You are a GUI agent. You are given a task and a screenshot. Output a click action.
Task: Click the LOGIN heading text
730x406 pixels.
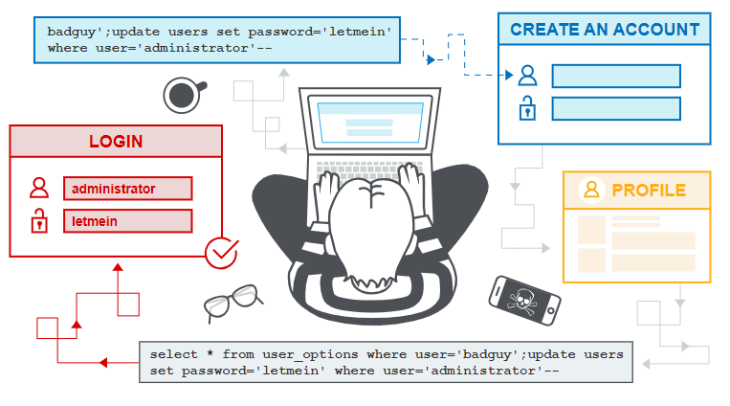(x=116, y=141)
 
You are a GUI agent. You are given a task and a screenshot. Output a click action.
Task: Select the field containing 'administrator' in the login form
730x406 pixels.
(x=128, y=189)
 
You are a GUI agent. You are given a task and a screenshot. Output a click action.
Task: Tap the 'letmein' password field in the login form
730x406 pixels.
(x=128, y=221)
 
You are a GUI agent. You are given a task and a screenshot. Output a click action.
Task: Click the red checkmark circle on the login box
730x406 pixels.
(x=222, y=253)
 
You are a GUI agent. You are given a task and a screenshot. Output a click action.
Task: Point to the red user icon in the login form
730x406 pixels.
(x=39, y=188)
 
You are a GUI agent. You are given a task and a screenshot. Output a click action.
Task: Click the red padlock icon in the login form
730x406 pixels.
(x=39, y=220)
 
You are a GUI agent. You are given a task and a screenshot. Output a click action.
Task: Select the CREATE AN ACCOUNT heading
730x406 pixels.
(x=605, y=30)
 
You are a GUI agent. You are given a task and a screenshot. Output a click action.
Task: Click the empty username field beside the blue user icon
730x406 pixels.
(x=616, y=76)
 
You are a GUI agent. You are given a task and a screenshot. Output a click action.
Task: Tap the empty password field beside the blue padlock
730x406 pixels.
(x=616, y=108)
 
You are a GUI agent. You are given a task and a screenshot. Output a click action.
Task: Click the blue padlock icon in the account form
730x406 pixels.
(x=527, y=108)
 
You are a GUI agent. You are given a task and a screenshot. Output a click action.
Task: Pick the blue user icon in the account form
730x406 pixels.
(x=527, y=76)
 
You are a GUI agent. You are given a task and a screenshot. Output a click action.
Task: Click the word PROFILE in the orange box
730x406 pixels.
(x=649, y=191)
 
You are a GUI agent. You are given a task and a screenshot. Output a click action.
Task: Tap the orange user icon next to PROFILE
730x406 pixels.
(x=591, y=190)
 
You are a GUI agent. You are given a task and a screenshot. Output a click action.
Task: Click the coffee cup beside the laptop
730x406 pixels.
(x=183, y=95)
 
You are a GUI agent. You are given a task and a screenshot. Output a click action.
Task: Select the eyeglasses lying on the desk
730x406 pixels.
(x=232, y=303)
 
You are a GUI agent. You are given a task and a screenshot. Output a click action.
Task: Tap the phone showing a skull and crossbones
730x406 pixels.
(x=524, y=301)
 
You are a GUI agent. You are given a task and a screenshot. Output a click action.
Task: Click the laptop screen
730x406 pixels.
(x=370, y=123)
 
